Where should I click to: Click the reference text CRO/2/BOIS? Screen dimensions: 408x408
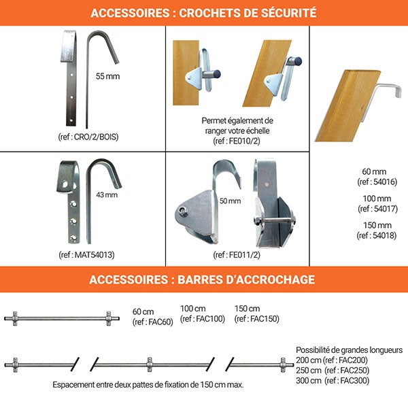pyautogui.click(x=96, y=137)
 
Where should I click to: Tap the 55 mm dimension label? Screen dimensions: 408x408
pyautogui.click(x=107, y=76)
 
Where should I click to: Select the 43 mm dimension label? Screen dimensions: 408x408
pyautogui.click(x=107, y=194)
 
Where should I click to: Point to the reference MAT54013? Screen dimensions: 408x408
pyautogui.click(x=95, y=255)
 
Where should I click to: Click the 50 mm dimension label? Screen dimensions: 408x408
pyautogui.click(x=230, y=201)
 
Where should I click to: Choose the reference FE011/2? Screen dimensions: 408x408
pyautogui.click(x=244, y=255)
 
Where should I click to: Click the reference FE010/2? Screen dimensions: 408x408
pyautogui.click(x=244, y=141)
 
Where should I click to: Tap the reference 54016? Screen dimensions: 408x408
pyautogui.click(x=385, y=182)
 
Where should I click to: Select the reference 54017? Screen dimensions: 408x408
pyautogui.click(x=386, y=209)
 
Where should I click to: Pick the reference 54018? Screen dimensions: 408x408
pyautogui.click(x=385, y=235)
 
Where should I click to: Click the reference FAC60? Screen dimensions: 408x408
pyautogui.click(x=160, y=322)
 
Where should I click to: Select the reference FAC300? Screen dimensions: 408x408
pyautogui.click(x=355, y=381)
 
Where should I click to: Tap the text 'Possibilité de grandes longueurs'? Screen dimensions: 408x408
pyautogui.click(x=350, y=350)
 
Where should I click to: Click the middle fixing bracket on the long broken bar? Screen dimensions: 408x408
pyautogui.click(x=150, y=364)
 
